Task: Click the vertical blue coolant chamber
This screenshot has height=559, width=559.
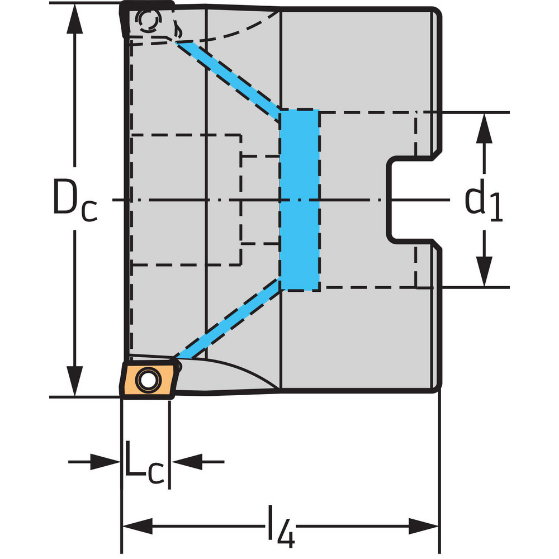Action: click(299, 200)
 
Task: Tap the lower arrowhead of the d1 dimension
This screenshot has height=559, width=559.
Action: click(485, 273)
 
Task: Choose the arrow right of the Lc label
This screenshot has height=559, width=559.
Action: click(183, 462)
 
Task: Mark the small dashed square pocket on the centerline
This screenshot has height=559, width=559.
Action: click(260, 200)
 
